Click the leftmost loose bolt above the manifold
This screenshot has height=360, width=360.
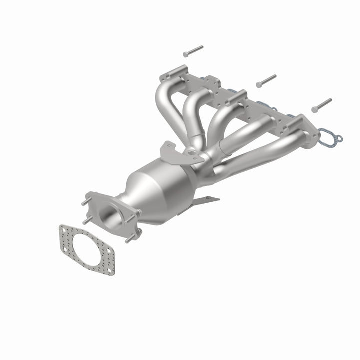pos(193,50)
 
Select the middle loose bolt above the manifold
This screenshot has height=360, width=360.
pos(266,80)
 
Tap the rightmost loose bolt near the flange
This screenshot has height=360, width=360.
pos(321,105)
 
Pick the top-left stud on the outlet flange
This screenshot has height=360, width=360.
pos(85,202)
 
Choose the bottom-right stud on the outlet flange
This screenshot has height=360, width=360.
pos(131,239)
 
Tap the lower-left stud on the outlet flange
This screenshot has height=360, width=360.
pos(86,220)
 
